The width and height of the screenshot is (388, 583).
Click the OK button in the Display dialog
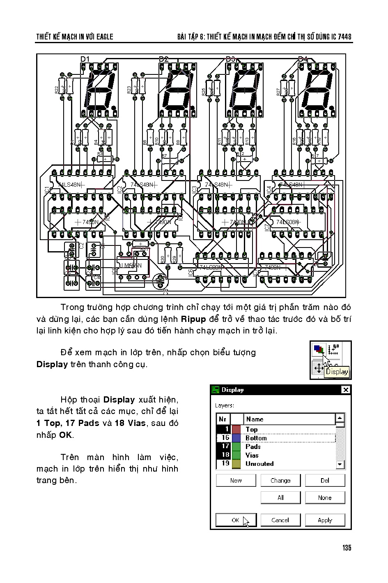click(236, 520)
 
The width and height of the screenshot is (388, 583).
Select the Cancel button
click(280, 520)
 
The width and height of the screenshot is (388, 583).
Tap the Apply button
click(325, 520)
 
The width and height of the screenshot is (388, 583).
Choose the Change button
click(280, 481)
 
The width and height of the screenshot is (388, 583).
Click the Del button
click(325, 481)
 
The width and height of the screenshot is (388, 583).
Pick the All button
click(280, 498)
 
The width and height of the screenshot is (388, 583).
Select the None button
click(325, 498)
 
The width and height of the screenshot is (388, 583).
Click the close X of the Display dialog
click(346, 390)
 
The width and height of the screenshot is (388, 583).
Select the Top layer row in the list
click(252, 429)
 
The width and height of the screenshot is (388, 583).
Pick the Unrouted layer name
click(259, 464)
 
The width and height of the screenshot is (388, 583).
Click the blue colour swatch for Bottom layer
click(236, 438)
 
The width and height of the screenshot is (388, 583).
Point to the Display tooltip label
click(337, 372)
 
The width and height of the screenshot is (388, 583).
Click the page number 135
click(347, 548)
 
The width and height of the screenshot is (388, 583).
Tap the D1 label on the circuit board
click(85, 59)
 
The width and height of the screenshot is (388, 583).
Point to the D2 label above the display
click(163, 59)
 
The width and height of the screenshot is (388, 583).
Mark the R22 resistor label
click(57, 90)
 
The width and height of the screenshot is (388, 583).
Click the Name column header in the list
click(255, 419)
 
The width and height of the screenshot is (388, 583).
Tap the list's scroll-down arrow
click(340, 464)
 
